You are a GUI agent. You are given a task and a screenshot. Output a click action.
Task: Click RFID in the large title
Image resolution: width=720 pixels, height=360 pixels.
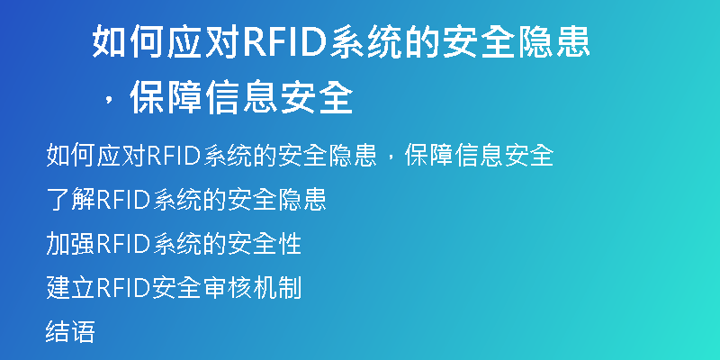285,42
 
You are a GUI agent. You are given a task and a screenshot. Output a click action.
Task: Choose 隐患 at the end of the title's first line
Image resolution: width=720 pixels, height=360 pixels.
553,42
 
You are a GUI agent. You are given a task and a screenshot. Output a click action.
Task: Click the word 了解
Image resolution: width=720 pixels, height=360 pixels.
70,200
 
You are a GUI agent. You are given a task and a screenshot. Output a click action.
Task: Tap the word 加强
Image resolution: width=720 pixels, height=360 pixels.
70,244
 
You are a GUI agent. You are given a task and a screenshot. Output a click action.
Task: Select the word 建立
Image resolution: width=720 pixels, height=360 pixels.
70,288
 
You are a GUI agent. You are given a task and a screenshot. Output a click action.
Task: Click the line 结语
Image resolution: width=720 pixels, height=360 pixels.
70,332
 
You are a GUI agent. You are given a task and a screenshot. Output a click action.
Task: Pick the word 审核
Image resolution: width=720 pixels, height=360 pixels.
228,288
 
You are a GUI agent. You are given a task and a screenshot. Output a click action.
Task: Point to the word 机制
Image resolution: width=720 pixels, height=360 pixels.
277,288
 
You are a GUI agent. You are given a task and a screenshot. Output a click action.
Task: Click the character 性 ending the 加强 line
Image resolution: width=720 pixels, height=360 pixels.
289,244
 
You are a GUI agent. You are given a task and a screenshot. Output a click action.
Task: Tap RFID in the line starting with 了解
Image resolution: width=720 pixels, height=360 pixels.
123,200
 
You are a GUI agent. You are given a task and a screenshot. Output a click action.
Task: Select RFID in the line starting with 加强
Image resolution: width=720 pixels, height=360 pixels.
123,244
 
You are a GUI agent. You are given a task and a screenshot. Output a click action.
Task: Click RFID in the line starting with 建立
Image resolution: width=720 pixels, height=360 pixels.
123,288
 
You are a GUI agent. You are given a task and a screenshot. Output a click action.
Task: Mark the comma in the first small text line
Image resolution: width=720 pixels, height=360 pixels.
391,158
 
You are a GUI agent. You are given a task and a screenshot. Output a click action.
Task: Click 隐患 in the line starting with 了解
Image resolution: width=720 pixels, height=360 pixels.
301,200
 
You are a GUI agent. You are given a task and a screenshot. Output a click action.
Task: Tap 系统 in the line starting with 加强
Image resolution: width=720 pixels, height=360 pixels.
177,244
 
